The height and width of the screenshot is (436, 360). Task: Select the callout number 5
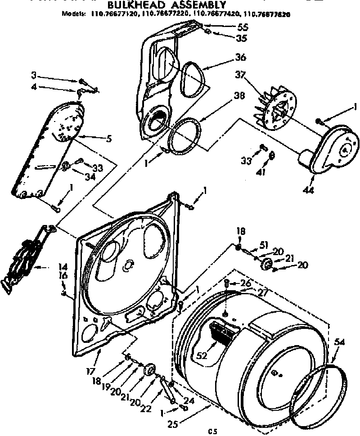point(108,139)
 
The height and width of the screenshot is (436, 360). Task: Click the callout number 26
point(245,283)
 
